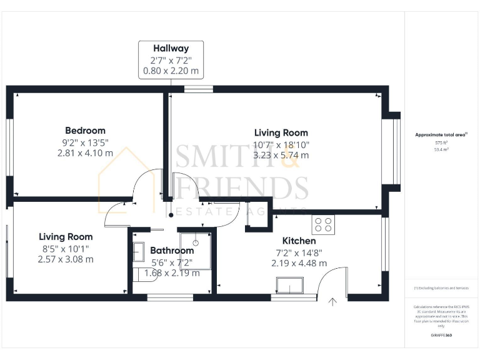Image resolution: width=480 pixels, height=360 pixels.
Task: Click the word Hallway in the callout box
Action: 171,48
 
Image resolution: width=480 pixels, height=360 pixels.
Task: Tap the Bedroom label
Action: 85,131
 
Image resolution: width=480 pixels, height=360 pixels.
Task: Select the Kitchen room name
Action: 299,241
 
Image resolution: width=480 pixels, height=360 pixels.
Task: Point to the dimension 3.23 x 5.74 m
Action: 281,155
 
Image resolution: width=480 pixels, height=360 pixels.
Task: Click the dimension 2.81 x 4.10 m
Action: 85,152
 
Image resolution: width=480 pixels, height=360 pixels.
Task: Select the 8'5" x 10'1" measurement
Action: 66,248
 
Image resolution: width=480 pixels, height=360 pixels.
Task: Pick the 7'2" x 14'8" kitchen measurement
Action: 299,252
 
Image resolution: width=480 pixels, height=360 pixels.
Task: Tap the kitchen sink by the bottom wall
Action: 289,287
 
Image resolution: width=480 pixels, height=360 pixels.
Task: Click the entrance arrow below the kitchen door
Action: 332,302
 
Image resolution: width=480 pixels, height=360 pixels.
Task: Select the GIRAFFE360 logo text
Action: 441,336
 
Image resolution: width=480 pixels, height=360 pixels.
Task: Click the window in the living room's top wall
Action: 198,89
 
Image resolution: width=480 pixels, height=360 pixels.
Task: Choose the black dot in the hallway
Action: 171,216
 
